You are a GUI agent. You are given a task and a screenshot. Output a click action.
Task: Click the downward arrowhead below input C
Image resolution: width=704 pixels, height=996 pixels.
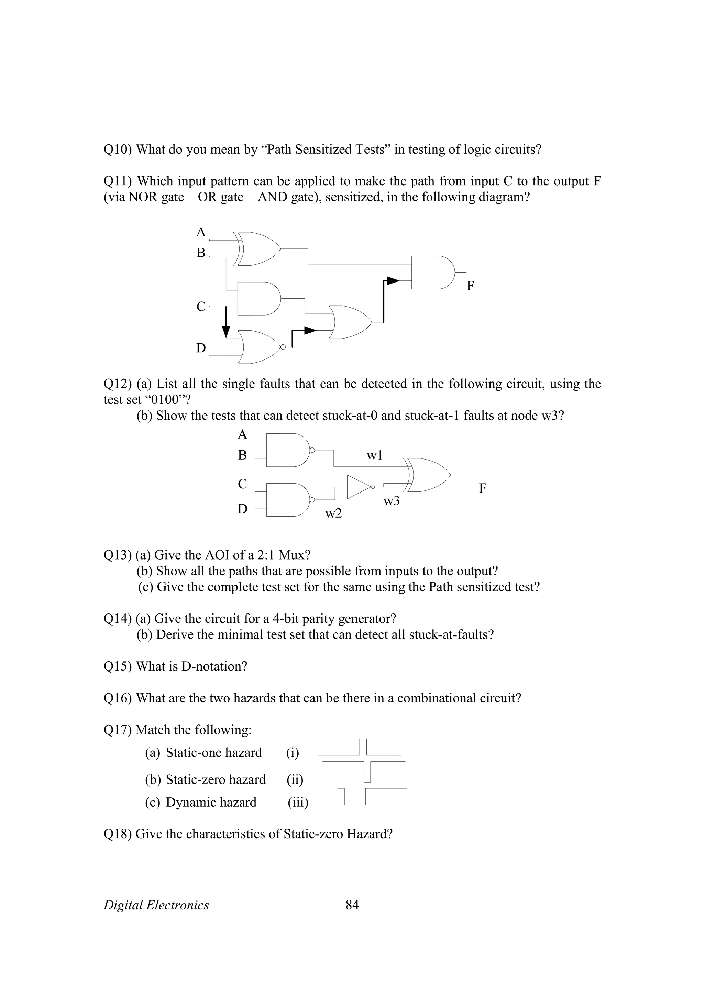click(225, 332)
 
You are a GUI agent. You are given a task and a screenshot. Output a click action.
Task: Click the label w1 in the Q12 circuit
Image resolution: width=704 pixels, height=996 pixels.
click(374, 455)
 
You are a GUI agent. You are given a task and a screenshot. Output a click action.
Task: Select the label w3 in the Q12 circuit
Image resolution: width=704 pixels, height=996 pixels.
click(391, 501)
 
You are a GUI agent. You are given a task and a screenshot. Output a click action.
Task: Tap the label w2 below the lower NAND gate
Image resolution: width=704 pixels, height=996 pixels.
click(333, 513)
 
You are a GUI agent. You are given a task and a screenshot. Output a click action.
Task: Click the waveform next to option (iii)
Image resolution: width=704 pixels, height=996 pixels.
click(364, 796)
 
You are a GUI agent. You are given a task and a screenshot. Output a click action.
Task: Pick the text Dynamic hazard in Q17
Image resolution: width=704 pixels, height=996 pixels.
click(211, 802)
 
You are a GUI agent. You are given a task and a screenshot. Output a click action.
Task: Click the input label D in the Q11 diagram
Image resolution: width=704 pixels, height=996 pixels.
click(201, 348)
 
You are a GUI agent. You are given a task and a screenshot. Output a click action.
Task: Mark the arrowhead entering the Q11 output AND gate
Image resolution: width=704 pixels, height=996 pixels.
click(393, 281)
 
